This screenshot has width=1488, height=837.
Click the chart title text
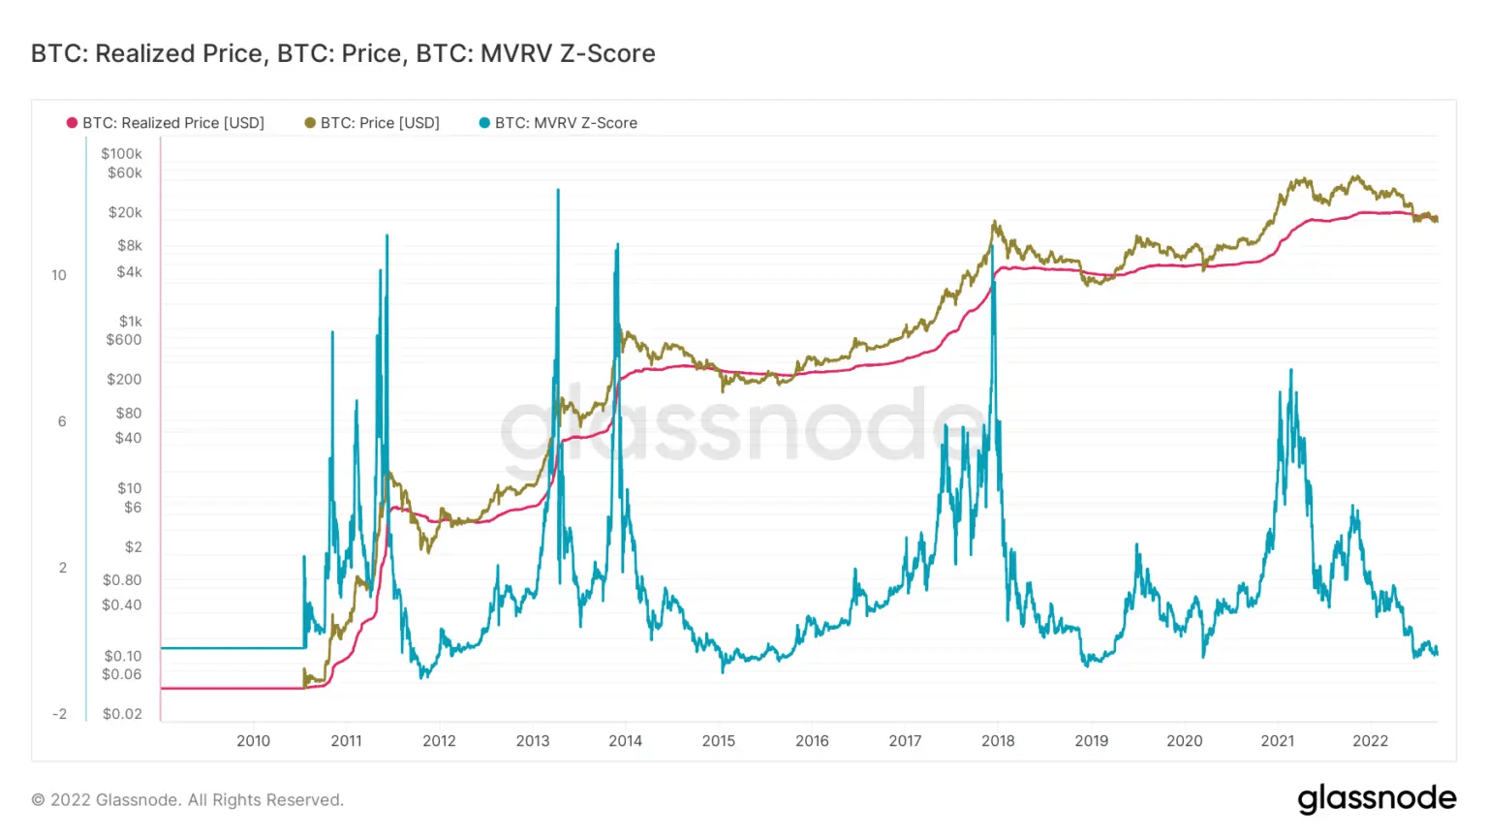coord(343,53)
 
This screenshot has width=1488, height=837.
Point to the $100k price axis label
coord(121,153)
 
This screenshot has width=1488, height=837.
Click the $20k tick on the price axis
coord(125,212)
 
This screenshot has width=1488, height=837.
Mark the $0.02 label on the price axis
coord(122,714)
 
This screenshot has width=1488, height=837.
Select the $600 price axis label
coord(124,340)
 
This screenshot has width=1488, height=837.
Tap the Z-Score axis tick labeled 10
coord(59,275)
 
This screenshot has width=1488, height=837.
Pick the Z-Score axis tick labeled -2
coord(59,714)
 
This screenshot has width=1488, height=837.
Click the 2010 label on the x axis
coord(254,741)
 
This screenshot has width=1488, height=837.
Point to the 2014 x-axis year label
coord(625,741)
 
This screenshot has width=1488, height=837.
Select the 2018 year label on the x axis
coord(998,741)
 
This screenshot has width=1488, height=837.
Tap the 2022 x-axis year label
coord(1370,741)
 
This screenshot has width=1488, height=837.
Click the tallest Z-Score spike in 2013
coord(558,191)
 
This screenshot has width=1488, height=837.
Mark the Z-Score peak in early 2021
coord(1290,370)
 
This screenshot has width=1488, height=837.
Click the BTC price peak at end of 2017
coord(994,222)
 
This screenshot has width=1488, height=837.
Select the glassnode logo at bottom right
coord(1377,798)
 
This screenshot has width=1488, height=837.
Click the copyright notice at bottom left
coord(188,800)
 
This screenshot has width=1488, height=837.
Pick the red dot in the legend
coord(72,123)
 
